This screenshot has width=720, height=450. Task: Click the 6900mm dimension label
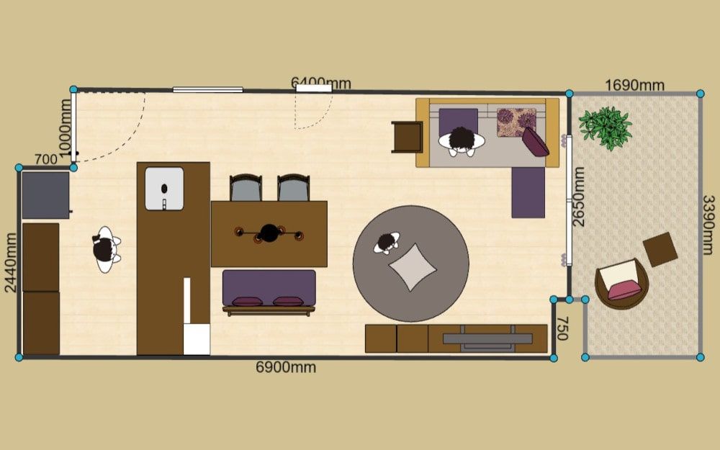click(286, 367)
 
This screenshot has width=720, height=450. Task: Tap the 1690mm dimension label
click(634, 86)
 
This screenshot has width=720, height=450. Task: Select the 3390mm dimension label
click(708, 225)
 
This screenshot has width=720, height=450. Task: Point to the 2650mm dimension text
click(579, 197)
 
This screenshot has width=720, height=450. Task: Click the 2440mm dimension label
click(11, 263)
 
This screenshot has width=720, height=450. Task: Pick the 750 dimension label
click(563, 328)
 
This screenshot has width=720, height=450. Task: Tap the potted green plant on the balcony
click(606, 128)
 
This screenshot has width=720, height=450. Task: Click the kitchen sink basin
click(164, 189)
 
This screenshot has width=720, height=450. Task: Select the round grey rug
click(411, 264)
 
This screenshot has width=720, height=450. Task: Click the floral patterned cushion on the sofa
click(516, 122)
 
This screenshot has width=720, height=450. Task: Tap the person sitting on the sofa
click(462, 141)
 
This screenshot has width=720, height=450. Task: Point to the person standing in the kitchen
click(106, 249)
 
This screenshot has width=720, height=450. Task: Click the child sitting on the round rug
click(387, 243)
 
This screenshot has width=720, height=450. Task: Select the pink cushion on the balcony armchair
click(625, 289)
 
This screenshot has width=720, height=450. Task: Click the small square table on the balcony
click(660, 249)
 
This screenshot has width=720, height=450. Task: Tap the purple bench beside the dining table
click(269, 292)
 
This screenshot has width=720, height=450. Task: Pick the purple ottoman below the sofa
click(528, 192)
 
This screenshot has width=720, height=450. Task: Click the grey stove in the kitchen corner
click(45, 195)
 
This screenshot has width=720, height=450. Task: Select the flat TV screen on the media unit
click(487, 339)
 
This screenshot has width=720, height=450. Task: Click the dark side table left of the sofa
click(407, 137)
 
